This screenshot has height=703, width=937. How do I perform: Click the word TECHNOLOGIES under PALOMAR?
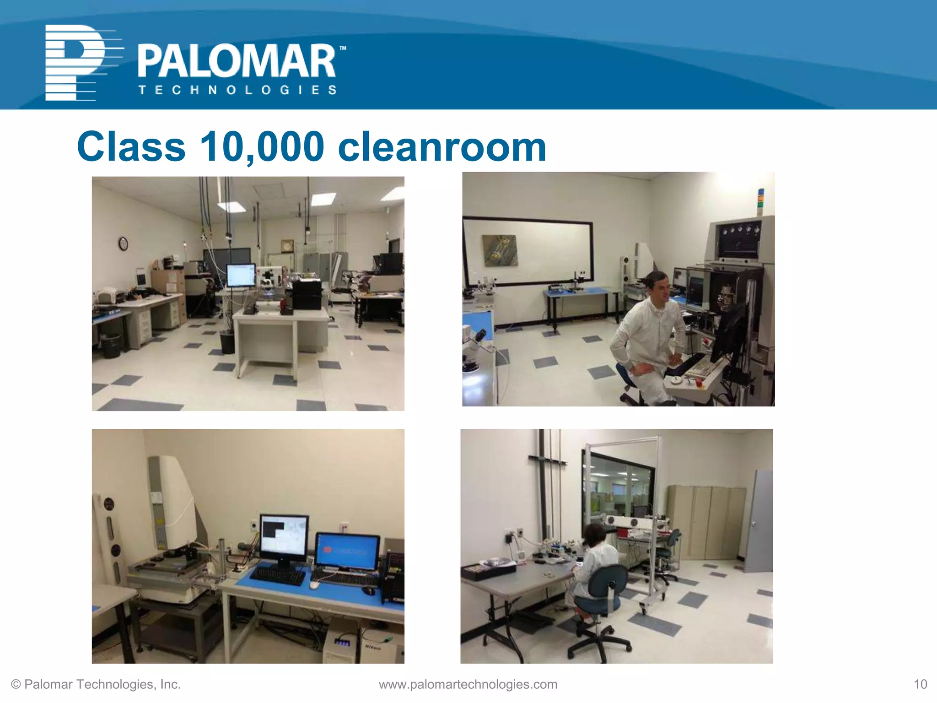pos(238,90)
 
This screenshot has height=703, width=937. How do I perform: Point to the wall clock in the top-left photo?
pos(123,243)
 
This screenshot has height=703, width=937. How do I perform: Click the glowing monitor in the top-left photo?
pos(241,276)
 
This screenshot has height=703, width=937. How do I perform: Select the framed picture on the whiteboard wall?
pos(501,250)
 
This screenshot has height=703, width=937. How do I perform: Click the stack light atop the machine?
pos(761,201)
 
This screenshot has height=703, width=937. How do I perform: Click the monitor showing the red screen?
pos(348,552)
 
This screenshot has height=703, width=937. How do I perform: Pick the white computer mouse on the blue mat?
pos(314,584)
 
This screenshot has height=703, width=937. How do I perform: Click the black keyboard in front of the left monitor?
pos(278,576)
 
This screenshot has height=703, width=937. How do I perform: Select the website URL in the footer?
pos(468,684)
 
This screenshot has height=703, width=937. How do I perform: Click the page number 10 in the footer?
pos(920,684)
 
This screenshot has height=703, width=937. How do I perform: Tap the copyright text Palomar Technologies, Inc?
pos(96,684)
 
